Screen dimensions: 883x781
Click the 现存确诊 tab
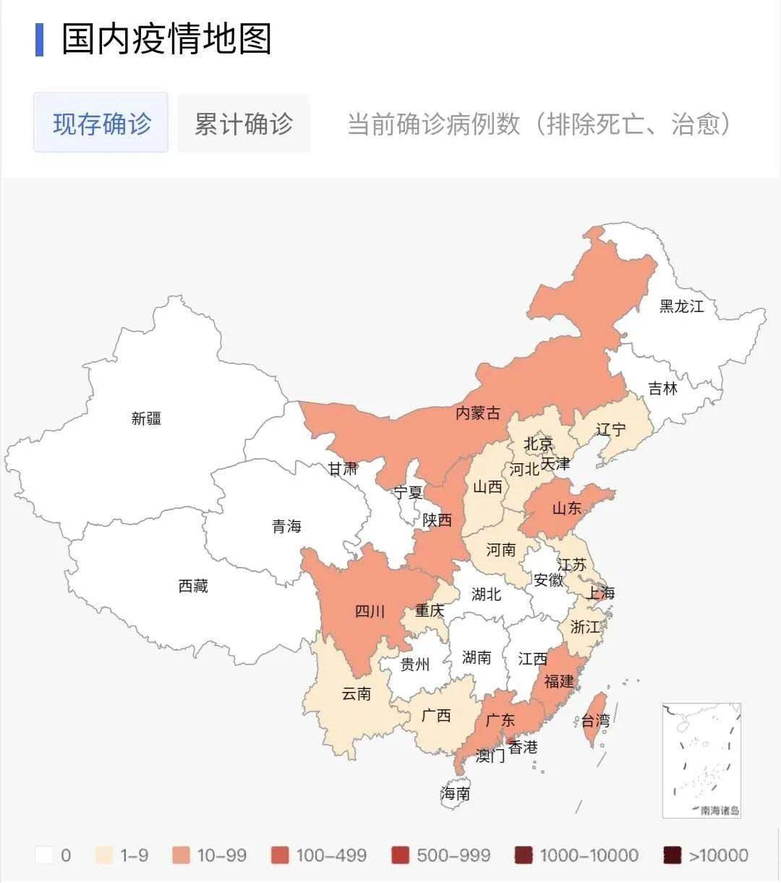101,123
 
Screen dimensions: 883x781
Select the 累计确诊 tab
244,123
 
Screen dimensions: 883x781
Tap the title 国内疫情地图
166,39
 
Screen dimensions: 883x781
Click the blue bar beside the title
39,39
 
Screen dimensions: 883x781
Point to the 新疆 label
146,418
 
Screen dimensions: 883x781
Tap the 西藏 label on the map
193,586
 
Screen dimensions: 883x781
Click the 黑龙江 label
681,306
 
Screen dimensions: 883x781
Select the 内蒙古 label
477,413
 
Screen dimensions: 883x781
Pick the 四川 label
370,612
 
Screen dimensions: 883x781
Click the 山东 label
567,508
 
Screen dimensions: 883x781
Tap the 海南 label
455,793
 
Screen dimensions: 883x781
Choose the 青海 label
286,526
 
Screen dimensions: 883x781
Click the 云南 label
356,693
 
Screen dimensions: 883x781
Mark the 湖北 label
486,594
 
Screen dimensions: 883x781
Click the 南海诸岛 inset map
701,760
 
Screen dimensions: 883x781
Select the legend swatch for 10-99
182,855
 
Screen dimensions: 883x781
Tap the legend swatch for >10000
673,855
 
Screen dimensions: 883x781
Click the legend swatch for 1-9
104,855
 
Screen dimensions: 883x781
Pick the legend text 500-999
453,855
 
